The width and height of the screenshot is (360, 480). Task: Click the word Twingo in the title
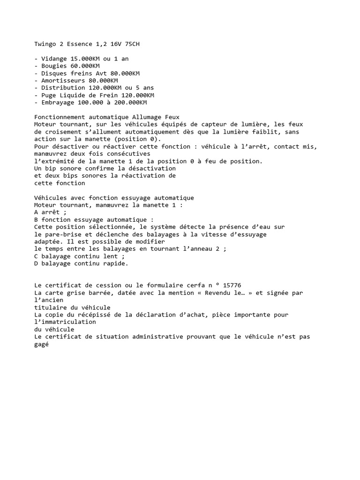[45, 44]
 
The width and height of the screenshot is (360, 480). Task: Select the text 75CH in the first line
[132, 44]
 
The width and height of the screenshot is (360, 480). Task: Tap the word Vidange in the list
[54, 59]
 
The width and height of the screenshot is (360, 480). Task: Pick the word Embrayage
[58, 102]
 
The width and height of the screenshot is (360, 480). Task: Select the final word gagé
[42, 344]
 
